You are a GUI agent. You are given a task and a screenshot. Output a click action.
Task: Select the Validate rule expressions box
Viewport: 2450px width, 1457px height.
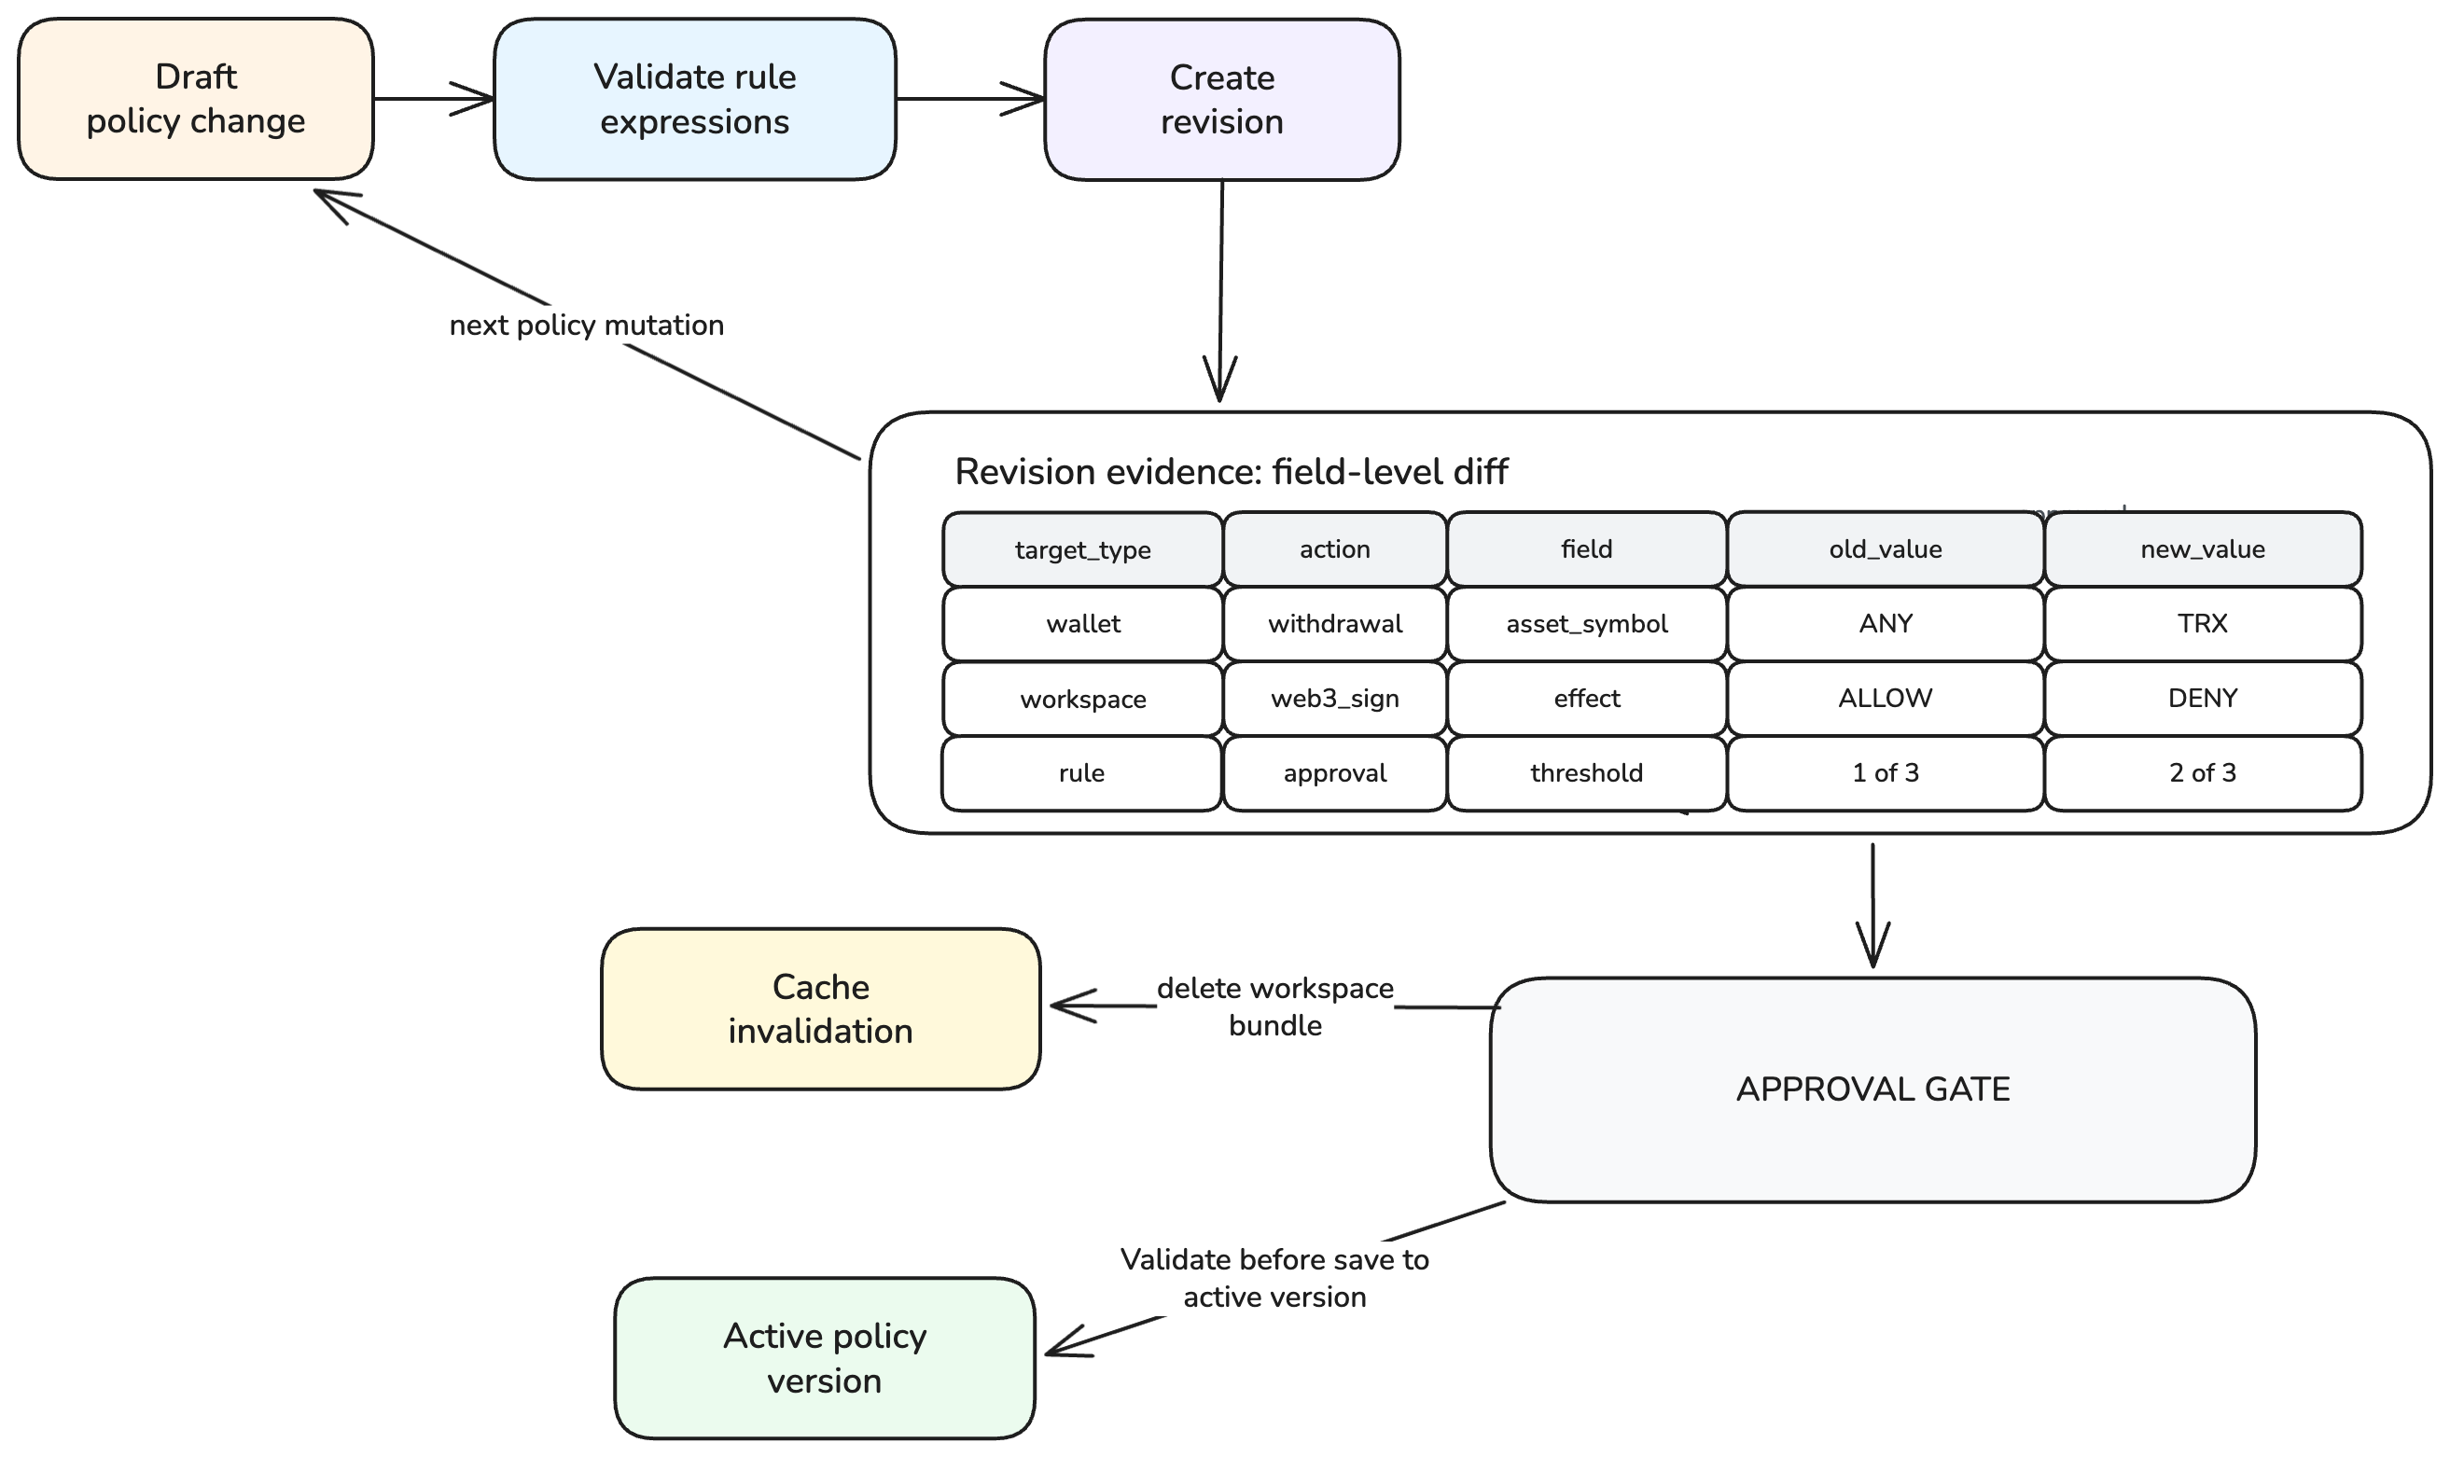pyautogui.click(x=694, y=98)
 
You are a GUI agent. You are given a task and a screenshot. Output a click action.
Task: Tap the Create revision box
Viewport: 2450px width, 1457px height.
pyautogui.click(x=1221, y=99)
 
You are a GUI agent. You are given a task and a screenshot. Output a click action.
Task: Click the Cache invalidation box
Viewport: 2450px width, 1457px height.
pyautogui.click(x=820, y=1008)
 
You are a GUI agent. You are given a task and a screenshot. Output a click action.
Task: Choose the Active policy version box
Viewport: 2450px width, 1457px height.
pyautogui.click(x=824, y=1358)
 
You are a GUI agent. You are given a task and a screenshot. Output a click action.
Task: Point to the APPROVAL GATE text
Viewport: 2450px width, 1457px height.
pyautogui.click(x=1872, y=1089)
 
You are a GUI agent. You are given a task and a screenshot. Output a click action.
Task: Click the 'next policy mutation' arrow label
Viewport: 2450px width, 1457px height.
pyautogui.click(x=586, y=325)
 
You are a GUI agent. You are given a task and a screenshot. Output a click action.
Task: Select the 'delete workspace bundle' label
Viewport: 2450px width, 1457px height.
pyautogui.click(x=1274, y=1006)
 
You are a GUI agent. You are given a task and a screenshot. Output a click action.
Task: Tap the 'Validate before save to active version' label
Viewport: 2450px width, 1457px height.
pyautogui.click(x=1274, y=1277)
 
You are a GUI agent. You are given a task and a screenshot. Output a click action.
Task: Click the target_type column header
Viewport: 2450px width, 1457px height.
pyautogui.click(x=1082, y=549)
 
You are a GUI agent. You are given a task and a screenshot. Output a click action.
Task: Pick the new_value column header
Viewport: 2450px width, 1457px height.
pyautogui.click(x=2203, y=548)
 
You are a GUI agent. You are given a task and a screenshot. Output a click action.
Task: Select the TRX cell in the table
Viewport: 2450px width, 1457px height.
pyautogui.click(x=2203, y=623)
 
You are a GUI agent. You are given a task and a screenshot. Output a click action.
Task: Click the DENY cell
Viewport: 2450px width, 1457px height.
pyautogui.click(x=2203, y=698)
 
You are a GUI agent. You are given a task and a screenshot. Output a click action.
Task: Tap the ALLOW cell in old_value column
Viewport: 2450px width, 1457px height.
pyautogui.click(x=1886, y=698)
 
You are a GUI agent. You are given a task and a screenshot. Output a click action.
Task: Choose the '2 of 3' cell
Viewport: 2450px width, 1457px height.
pyautogui.click(x=2203, y=772)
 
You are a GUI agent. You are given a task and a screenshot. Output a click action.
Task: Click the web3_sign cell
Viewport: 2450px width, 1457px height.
pyautogui.click(x=1334, y=698)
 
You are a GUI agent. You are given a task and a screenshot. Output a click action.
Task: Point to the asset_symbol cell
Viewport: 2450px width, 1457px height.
pyautogui.click(x=1587, y=623)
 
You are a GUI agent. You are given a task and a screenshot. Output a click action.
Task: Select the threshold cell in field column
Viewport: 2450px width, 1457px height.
pyautogui.click(x=1587, y=772)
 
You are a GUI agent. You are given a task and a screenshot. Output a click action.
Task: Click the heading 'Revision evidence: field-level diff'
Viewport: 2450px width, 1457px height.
pyautogui.click(x=1232, y=472)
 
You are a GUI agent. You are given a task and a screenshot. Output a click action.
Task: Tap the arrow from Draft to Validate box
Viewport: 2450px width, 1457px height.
pyautogui.click(x=434, y=98)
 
